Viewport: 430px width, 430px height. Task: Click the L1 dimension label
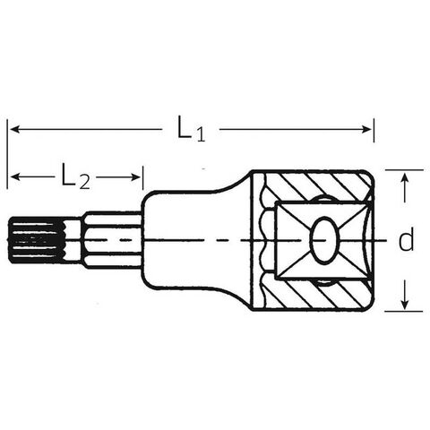pyautogui.click(x=191, y=128)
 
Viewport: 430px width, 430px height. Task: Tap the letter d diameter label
pyautogui.click(x=407, y=239)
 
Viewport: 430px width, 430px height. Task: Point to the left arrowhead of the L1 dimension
pyautogui.click(x=15, y=129)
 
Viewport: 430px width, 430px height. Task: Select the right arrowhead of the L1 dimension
pyautogui.click(x=366, y=129)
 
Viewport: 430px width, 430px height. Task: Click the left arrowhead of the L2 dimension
pyautogui.click(x=16, y=176)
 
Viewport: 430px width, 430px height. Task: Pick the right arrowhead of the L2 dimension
pyautogui.click(x=135, y=177)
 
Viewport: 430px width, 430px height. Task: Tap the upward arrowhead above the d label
pyautogui.click(x=405, y=178)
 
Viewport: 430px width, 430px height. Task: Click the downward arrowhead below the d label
pyautogui.click(x=405, y=305)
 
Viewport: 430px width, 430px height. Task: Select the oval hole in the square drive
pyautogui.click(x=324, y=240)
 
